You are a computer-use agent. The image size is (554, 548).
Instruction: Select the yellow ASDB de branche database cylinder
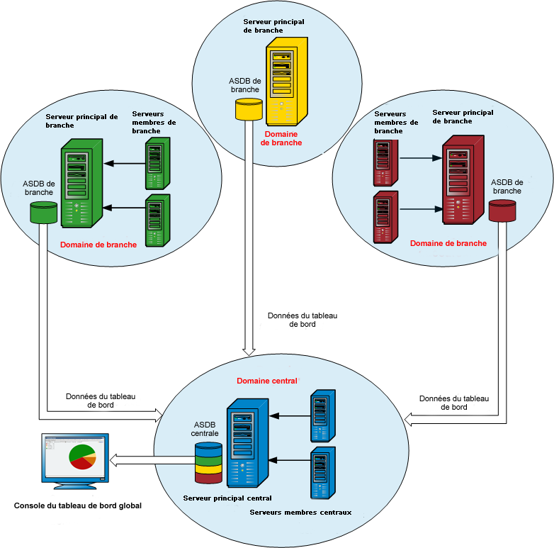click(249, 108)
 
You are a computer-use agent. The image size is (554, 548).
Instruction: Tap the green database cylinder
click(43, 212)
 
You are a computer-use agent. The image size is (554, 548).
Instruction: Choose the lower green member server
click(157, 220)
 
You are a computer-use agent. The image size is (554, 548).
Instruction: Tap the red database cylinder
click(502, 210)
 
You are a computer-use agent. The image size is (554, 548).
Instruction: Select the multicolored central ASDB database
click(209, 463)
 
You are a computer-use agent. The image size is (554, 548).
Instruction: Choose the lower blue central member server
click(323, 473)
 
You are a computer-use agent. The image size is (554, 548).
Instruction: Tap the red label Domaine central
click(266, 381)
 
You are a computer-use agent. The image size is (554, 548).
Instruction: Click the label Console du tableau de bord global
click(78, 506)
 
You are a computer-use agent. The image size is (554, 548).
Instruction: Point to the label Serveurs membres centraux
click(300, 512)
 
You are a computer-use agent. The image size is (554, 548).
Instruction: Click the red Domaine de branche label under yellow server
click(281, 138)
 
